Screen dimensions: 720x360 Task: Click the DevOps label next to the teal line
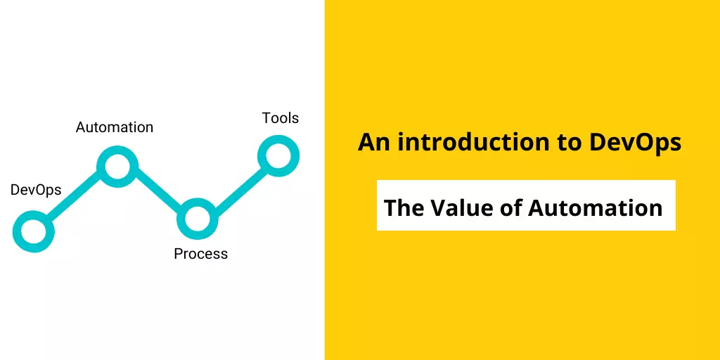coord(36,190)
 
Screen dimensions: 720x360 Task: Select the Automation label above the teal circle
coord(115,127)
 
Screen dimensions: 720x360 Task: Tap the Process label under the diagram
coord(200,253)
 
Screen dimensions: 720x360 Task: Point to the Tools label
coord(281,118)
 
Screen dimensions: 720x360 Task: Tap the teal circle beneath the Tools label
coord(262,155)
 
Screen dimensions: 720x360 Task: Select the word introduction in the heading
coord(473,142)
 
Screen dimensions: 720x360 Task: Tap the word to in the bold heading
coord(569,143)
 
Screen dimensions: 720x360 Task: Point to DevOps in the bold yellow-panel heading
coord(635,143)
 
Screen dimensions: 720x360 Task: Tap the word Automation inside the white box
coord(595,207)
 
